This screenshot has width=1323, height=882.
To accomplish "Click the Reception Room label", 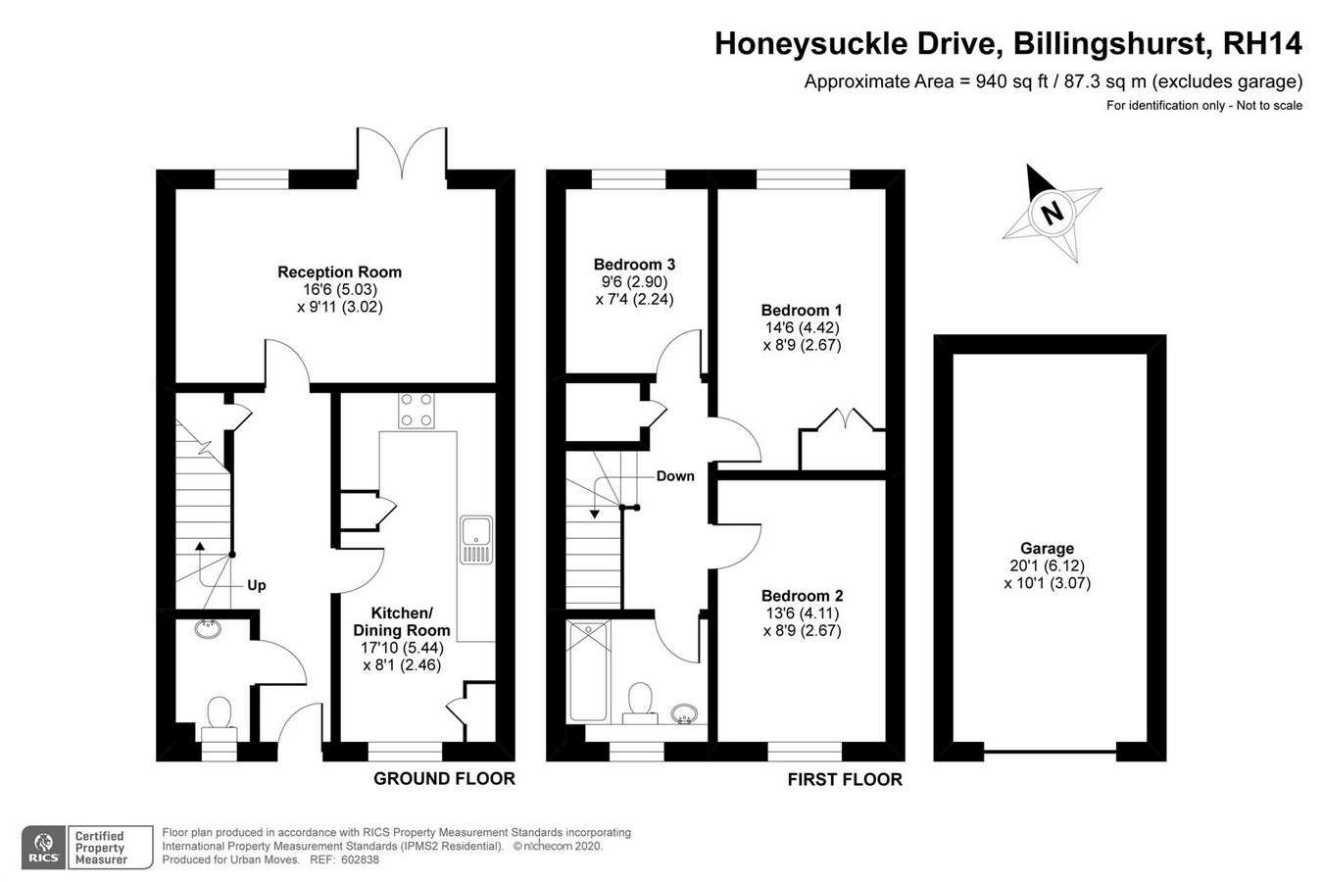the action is (340, 272).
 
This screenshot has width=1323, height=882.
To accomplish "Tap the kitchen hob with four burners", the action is (416, 411).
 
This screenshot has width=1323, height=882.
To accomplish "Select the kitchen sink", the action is (476, 539).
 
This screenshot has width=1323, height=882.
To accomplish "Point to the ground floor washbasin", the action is (208, 629).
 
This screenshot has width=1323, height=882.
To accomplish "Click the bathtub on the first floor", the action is (588, 671).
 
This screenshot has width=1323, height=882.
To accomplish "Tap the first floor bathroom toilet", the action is (640, 703).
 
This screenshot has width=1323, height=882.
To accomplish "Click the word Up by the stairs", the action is (257, 585).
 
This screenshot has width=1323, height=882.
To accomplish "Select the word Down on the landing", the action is (675, 476).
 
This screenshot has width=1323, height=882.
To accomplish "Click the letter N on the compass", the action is (1051, 213).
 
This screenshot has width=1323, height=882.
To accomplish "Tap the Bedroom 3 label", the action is (634, 264).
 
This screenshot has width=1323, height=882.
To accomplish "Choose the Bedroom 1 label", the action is (802, 310).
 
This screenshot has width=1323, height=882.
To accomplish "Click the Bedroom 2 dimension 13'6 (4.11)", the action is (802, 613).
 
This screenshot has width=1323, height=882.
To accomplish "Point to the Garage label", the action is (1048, 548).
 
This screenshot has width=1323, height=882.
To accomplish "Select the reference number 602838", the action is (360, 860).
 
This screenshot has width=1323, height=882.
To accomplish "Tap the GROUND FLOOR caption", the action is (444, 779).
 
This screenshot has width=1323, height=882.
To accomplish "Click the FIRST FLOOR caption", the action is (845, 779).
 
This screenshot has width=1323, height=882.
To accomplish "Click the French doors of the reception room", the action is (402, 154).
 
